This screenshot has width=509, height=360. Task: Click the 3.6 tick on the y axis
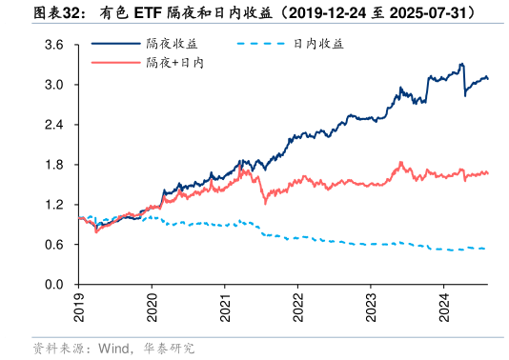(x=54, y=45)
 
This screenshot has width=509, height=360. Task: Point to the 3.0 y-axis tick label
(x=54, y=85)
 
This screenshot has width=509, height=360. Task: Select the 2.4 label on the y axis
(x=54, y=125)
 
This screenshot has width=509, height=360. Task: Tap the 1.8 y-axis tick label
(x=54, y=165)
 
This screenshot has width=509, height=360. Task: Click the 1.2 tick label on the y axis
(x=54, y=205)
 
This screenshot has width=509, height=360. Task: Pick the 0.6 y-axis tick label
(x=54, y=245)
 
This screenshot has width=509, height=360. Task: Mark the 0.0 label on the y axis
(x=54, y=285)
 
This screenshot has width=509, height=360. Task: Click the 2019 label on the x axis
(x=79, y=307)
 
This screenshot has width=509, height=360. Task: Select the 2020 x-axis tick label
(x=153, y=307)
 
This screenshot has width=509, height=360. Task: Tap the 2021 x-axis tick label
(x=225, y=307)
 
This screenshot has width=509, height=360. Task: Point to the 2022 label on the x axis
(x=297, y=307)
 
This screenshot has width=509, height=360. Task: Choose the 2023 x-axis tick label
(x=371, y=307)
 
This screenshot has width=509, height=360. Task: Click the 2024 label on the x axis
(x=443, y=307)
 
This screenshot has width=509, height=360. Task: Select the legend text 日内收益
(x=318, y=44)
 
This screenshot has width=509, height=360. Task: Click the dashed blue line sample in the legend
(x=262, y=44)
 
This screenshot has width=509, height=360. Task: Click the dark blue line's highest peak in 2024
(x=461, y=64)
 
